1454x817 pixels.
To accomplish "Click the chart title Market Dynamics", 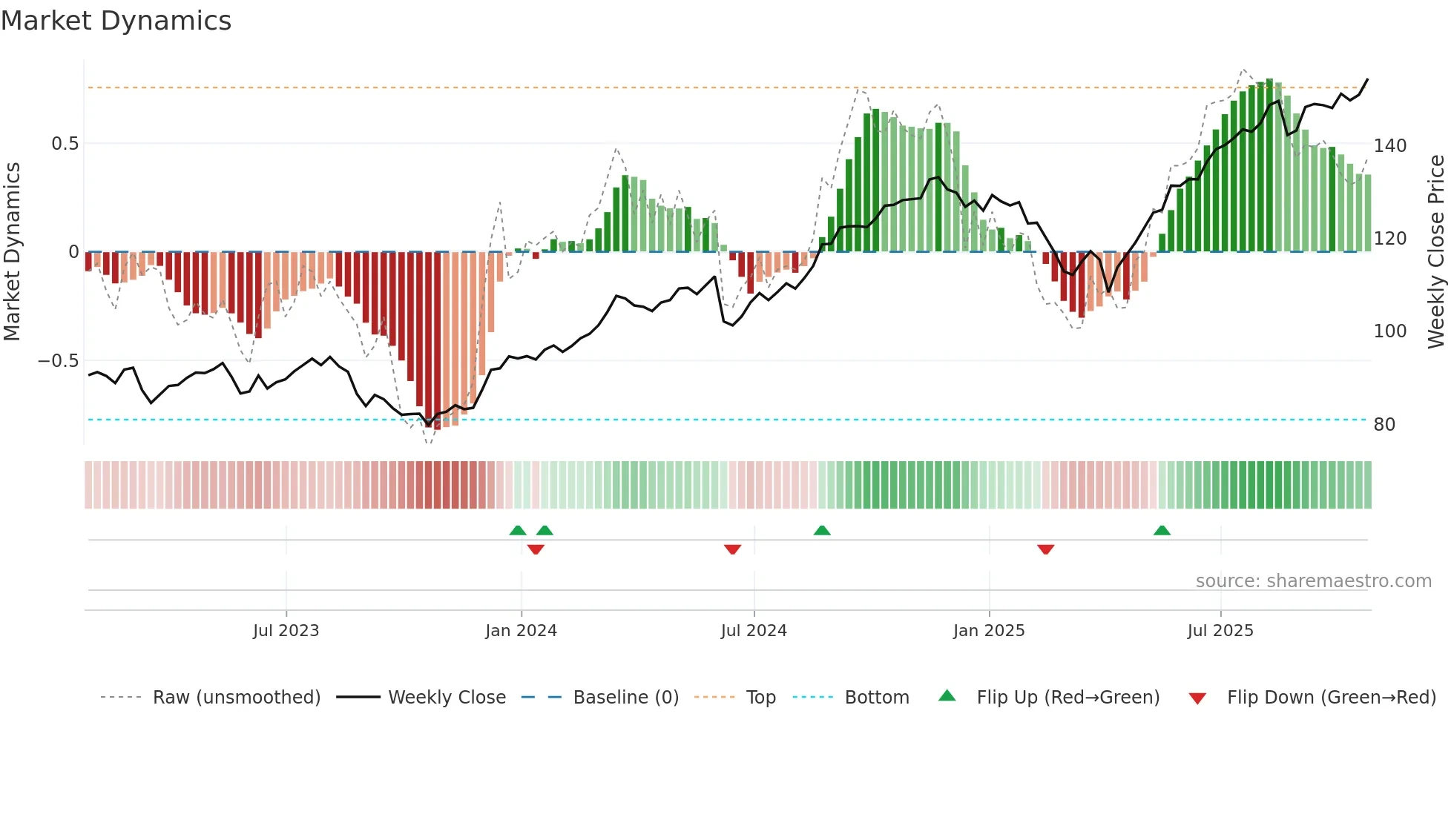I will point(116,21).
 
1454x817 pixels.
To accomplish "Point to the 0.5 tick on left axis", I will point(65,144).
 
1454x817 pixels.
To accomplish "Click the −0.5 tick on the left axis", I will point(59,361).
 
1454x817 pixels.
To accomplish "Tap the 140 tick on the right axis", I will point(1390,146).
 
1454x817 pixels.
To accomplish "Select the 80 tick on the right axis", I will point(1384,425).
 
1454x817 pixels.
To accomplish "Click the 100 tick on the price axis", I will point(1390,331).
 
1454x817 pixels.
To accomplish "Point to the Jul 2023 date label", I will point(286,631).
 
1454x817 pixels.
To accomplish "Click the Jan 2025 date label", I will point(989,631).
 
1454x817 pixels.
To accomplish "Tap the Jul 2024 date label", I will point(754,631).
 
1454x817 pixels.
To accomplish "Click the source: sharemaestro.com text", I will point(1313,581).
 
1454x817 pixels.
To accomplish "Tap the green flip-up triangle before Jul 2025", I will point(1162,531).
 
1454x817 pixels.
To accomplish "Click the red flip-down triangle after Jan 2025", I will point(1046,549).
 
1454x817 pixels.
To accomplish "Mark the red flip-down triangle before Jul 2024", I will point(732,549).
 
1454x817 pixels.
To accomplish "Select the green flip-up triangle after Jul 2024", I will point(822,531).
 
